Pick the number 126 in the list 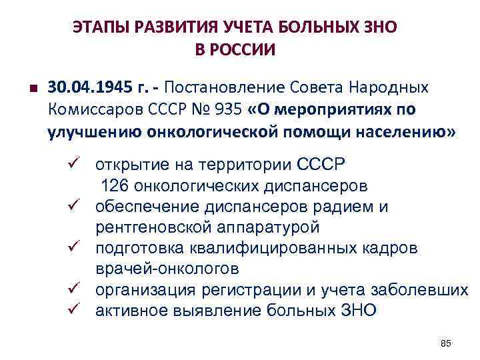pos(113,186)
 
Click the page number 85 pos(446,343)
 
